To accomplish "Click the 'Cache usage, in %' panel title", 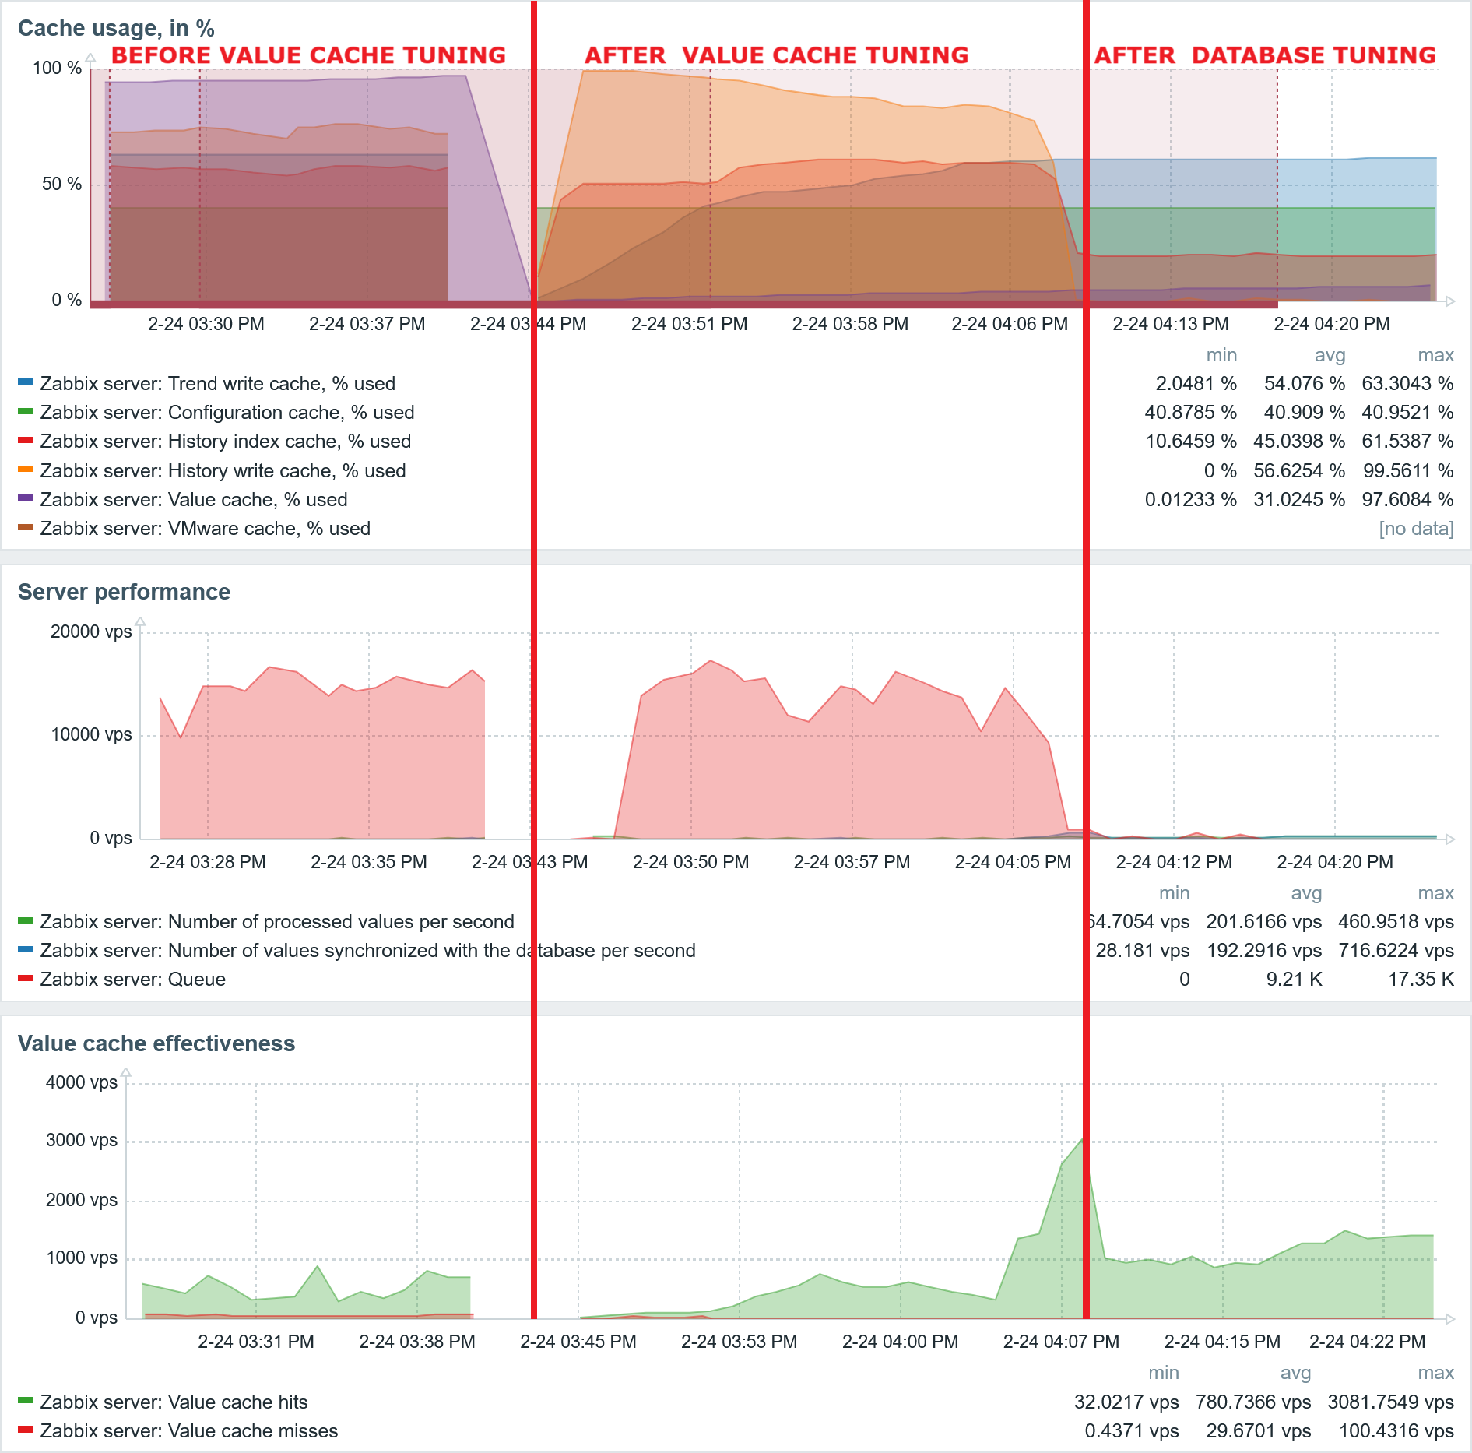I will coord(116,28).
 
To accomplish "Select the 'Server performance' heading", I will coord(124,592).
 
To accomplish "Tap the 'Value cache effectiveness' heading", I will coord(156,1043).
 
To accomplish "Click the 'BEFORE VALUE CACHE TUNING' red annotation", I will coord(308,55).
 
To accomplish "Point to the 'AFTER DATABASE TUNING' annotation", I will coord(1265,55).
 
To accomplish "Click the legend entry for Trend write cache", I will coord(217,384).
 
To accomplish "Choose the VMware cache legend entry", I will coord(205,529).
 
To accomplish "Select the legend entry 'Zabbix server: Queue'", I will coord(132,980).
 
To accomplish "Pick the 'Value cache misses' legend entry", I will coord(188,1431).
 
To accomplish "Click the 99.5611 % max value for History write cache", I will coord(1407,471).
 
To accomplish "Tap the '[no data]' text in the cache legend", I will coord(1416,529).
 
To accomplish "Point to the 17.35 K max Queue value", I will coord(1421,980).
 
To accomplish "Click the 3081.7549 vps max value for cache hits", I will coord(1390,1402).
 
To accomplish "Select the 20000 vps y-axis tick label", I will coord(91,632).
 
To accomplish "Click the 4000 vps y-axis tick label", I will coord(82,1082).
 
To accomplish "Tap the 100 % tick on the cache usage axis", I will coord(57,69).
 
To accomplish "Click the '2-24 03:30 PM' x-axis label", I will coord(206,324).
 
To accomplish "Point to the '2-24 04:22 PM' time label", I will coord(1367,1342).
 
